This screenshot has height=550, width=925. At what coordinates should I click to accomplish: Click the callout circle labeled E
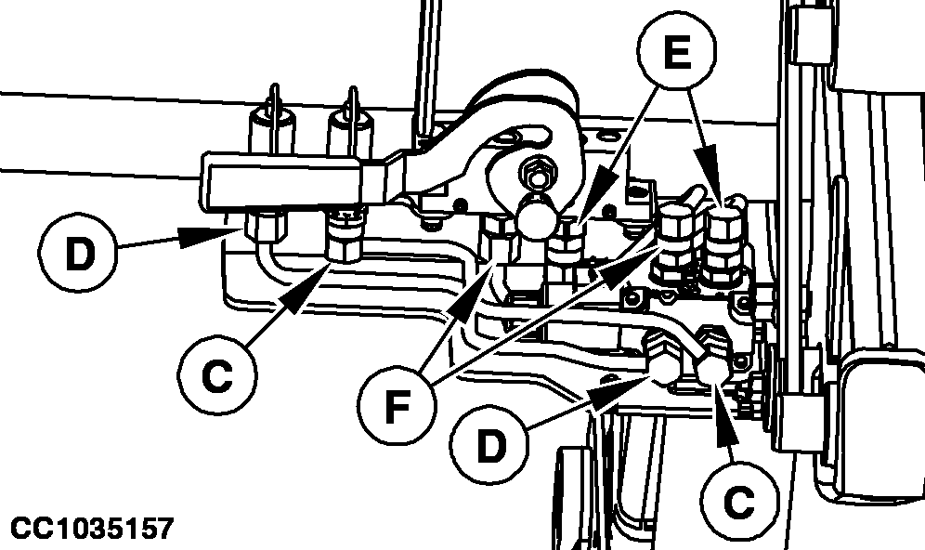point(677,52)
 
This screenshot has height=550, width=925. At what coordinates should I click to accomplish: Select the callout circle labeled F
point(397,406)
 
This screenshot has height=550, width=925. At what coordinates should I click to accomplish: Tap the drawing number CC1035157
point(92,528)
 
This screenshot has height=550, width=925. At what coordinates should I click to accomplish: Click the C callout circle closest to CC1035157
point(217,375)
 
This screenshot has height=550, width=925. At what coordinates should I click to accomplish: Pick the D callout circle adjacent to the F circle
point(489,446)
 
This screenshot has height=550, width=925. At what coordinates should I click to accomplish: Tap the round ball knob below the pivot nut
point(539,217)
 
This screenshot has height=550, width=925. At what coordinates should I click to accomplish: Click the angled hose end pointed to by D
point(661,359)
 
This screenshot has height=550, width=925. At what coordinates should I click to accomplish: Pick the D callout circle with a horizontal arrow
point(78,253)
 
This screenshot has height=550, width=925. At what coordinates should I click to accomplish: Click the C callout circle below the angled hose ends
point(737,501)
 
